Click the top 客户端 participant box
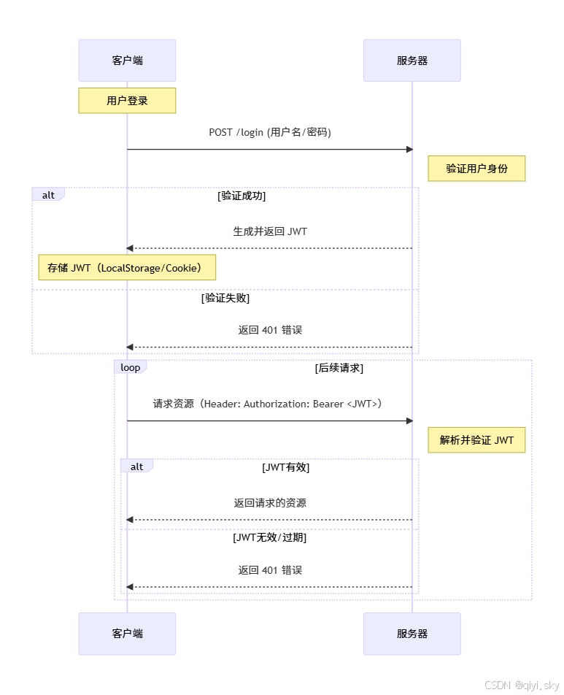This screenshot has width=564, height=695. pos(127,61)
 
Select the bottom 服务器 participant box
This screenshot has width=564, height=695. pos(412,634)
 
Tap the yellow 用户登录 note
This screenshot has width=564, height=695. pos(127,101)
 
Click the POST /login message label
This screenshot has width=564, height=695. pos(270,132)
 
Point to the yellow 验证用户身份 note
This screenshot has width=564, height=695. pos(476,169)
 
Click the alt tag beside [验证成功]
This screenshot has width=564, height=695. pos(48,195)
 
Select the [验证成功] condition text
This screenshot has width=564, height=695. pos(242,196)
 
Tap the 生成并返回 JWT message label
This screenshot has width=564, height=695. pos(270,231)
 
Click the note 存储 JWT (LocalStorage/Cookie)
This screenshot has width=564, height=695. pos(127,268)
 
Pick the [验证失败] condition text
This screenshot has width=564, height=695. pos(225,298)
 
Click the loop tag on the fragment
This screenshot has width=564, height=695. pos(131,367)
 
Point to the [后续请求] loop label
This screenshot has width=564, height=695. pos(339,368)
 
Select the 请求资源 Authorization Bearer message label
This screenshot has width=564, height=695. pos(268,404)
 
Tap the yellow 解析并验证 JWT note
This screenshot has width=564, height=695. pos(476,440)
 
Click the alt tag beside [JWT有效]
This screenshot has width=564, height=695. pos(136,466)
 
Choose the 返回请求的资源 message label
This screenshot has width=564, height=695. pos(270,503)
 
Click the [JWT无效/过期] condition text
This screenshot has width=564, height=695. pos(270,537)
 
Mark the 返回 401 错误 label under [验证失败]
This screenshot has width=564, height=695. pos(270,330)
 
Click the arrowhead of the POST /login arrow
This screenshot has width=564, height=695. pos(409,150)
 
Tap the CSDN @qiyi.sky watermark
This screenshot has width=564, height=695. pos(521,685)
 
